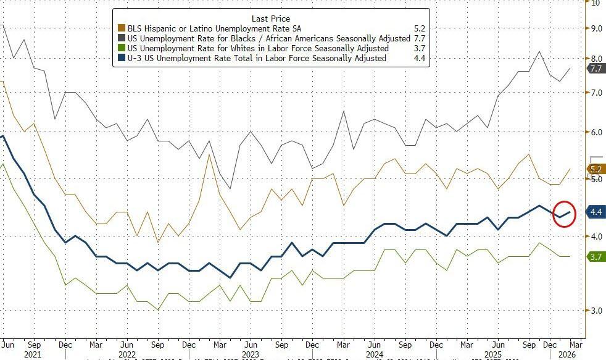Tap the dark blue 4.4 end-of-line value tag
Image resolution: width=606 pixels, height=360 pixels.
point(596,212)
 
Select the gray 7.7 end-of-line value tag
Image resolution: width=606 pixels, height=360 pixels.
point(596,69)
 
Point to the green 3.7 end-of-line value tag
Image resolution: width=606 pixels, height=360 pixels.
point(596,256)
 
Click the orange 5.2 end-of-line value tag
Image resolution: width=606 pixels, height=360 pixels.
point(596,169)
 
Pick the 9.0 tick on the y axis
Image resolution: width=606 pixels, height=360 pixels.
point(596,28)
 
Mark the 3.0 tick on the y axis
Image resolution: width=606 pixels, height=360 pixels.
point(596,311)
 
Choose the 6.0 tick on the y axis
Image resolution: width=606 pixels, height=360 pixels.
point(596,133)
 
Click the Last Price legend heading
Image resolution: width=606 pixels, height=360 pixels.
point(270,19)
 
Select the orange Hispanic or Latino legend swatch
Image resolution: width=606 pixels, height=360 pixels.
point(121,28)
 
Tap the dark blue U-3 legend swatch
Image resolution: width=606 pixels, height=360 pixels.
point(121,58)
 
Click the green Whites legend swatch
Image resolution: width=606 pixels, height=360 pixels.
point(121,48)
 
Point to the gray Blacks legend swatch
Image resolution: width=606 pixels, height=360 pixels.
point(121,38)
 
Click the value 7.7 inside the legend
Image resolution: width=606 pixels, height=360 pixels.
point(420,38)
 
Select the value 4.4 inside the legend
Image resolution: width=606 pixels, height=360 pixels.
point(420,58)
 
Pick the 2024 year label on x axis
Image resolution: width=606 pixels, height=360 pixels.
point(373,354)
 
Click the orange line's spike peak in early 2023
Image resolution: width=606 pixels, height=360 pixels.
point(210,154)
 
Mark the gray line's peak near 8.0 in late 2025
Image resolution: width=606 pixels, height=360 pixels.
point(540,51)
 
